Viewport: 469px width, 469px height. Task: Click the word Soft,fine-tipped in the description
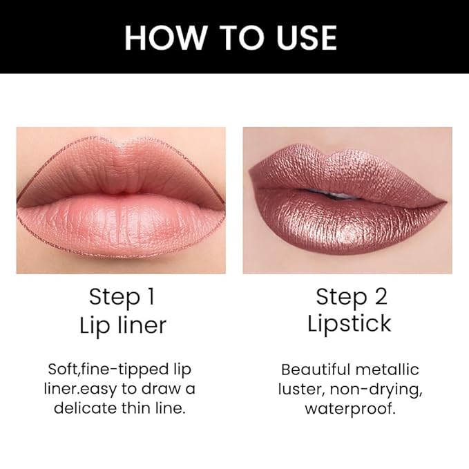click(x=102, y=370)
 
